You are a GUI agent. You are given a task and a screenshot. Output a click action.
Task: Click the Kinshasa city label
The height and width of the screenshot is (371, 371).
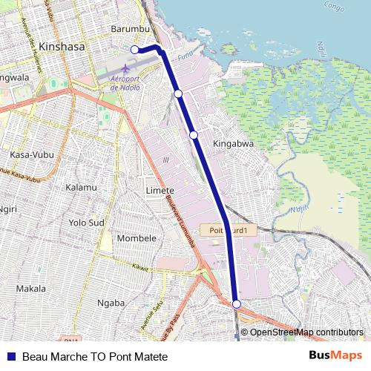coord(63,46)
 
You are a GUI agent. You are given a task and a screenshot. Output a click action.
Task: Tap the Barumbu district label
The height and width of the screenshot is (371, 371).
coord(130,28)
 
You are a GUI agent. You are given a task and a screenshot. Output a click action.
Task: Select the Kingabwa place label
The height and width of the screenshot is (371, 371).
coord(234,142)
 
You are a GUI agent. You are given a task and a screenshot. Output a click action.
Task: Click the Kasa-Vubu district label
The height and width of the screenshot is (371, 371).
coord(30,154)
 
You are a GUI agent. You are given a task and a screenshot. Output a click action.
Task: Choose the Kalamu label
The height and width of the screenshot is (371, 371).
coord(81,188)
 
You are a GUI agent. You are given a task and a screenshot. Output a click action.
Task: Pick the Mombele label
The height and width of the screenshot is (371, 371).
coord(137,238)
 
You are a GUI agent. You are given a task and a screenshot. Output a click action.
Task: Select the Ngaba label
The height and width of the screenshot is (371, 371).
coord(111,302)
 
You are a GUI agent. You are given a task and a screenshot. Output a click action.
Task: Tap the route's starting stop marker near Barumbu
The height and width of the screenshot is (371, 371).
coord(135,50)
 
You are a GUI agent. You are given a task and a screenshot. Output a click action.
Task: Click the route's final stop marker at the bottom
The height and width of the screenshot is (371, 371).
coord(236,304)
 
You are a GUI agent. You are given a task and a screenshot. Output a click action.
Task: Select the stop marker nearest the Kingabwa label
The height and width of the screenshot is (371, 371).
coord(193,135)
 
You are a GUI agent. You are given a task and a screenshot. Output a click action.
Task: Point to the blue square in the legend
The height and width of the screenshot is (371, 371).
coord(11,356)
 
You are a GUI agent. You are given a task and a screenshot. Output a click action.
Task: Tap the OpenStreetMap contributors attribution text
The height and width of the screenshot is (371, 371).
coord(306,332)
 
